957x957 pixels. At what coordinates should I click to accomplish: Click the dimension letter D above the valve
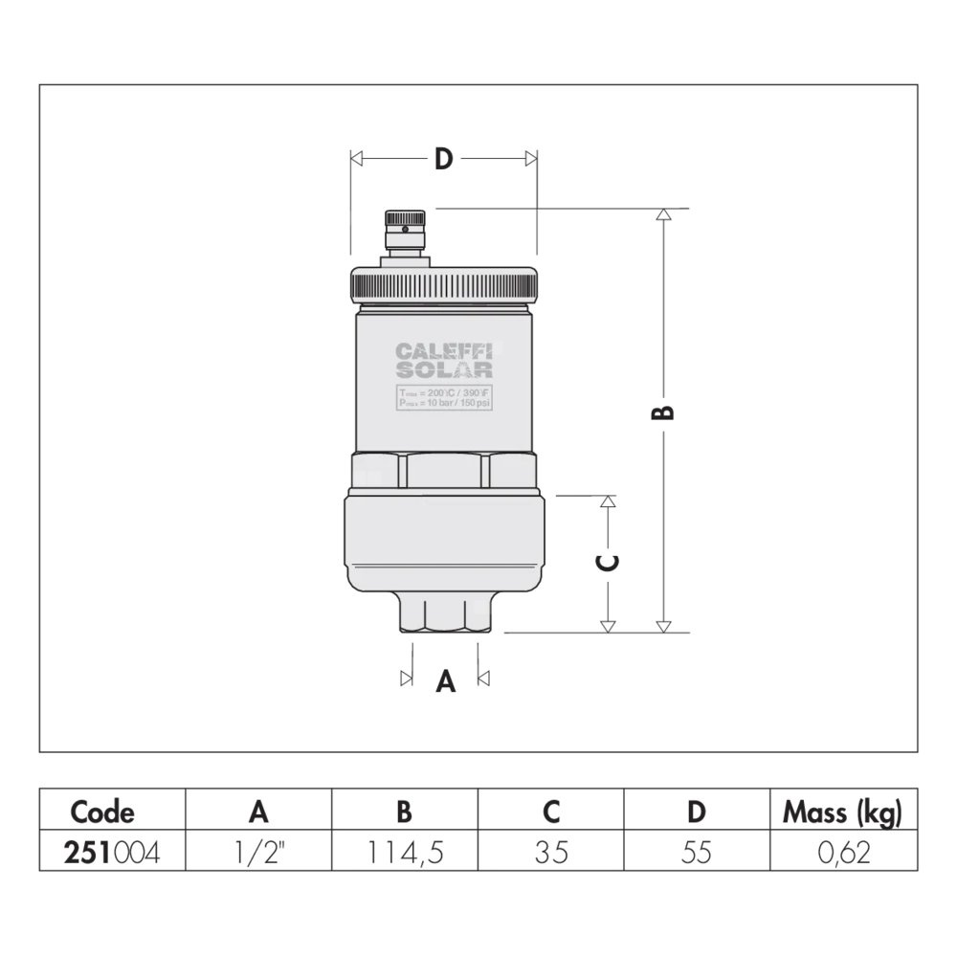pos(444,159)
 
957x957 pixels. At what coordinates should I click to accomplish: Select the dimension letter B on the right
pos(663,412)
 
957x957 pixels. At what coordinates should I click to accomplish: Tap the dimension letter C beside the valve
pos(608,562)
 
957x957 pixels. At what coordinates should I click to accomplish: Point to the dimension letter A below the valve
pos(446,680)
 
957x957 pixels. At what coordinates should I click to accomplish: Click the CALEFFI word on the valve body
pos(444,351)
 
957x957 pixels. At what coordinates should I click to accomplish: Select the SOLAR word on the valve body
pos(444,369)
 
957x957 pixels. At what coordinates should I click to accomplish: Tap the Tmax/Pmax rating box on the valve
pos(444,397)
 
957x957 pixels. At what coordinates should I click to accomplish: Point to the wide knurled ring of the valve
pos(444,285)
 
